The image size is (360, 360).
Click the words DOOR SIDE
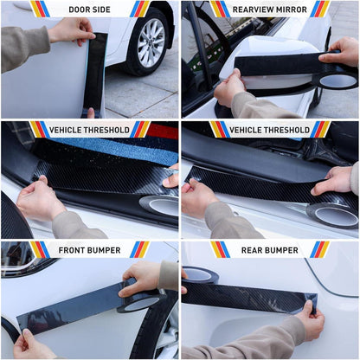pos(89,10)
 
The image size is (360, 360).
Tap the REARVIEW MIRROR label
pos(270,10)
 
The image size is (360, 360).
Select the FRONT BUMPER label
pos(89,250)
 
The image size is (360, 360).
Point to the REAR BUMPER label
pos(270,250)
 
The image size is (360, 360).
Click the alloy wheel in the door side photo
pos(150,43)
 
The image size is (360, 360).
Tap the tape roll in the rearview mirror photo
pos(338,80)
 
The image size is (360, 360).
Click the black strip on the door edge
pos(95,74)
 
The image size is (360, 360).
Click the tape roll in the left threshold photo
pos(159,206)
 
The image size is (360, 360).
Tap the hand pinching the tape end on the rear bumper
pos(311,322)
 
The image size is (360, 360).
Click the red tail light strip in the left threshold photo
pos(162,132)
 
